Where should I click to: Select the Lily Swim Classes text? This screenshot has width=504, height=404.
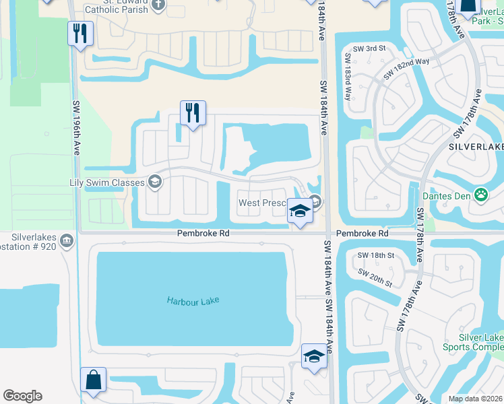(107, 182)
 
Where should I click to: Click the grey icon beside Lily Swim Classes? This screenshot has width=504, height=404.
(155, 182)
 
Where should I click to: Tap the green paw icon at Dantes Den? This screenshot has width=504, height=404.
(481, 195)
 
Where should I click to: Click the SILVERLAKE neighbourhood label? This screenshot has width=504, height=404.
(476, 146)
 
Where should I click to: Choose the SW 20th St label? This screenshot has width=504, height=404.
(375, 278)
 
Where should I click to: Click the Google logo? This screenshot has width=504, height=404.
(22, 396)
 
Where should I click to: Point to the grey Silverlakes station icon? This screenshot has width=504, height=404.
(67, 240)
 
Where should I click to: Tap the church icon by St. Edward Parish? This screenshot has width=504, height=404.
(158, 5)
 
